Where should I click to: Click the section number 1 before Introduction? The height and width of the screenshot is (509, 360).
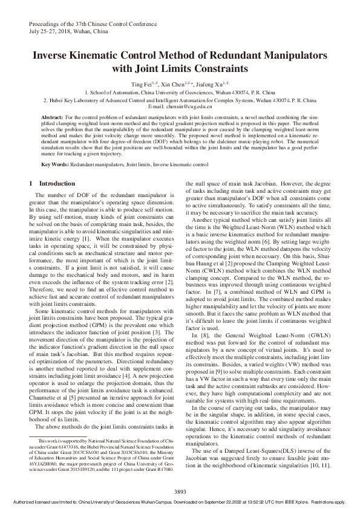click(x=31, y=183)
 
